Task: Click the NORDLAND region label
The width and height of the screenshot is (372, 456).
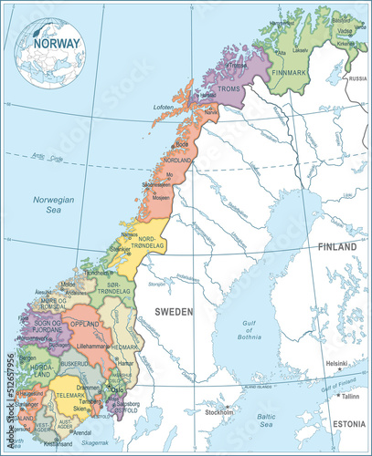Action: pos(177,161)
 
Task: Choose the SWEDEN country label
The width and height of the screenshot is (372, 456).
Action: pos(174,311)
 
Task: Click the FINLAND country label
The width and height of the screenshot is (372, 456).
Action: pos(337,247)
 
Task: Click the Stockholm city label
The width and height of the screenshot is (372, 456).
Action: pos(220,411)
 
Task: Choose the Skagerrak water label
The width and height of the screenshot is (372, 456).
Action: pos(94,441)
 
